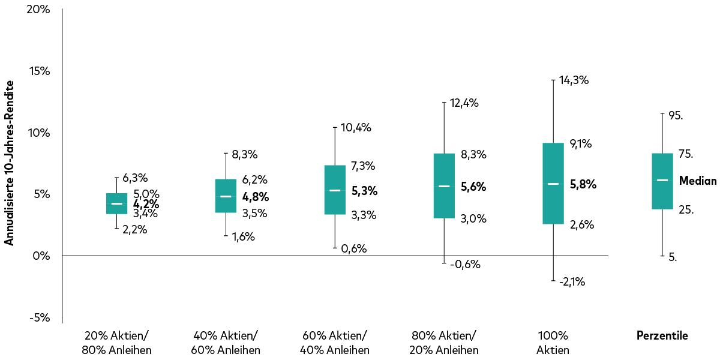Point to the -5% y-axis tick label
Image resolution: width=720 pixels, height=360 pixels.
[x=38, y=317]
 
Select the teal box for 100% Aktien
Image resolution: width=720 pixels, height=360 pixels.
[x=553, y=183]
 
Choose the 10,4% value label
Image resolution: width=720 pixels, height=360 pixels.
[x=356, y=127]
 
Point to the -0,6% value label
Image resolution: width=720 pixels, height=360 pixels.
[x=466, y=264]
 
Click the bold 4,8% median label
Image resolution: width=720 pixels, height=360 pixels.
[x=256, y=197]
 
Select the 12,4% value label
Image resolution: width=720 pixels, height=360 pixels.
[x=464, y=103]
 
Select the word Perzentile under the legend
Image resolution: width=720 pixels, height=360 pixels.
[x=662, y=336]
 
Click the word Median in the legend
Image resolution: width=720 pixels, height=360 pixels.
[x=698, y=180]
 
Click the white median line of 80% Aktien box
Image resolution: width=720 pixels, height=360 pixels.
[x=444, y=186]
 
